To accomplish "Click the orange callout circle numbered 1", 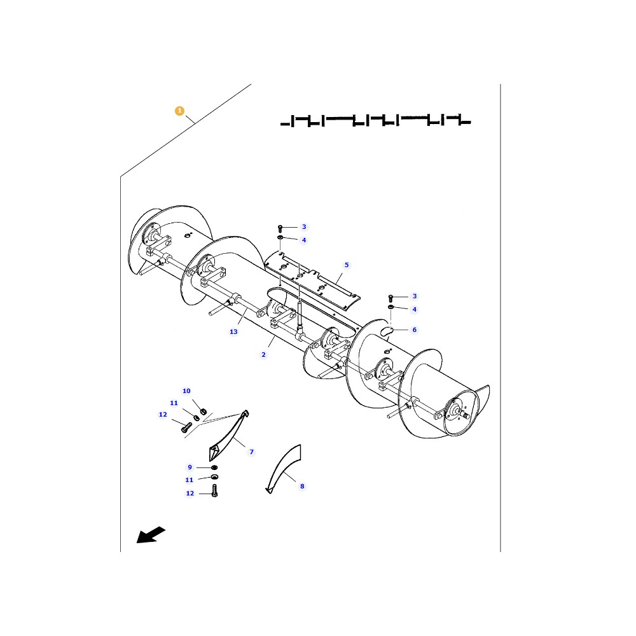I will [x=179, y=111].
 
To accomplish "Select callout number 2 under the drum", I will [x=263, y=354].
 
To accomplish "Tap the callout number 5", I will [x=347, y=265].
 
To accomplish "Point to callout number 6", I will [x=415, y=329].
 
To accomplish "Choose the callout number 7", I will [x=251, y=452].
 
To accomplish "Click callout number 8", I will [x=302, y=486].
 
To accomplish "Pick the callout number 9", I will [x=190, y=467].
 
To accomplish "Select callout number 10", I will [x=186, y=391].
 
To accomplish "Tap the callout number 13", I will [x=233, y=332].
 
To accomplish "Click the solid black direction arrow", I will [x=151, y=535].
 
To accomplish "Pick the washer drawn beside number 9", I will [x=214, y=467].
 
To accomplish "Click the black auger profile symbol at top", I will [x=375, y=120].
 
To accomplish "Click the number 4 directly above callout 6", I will [x=415, y=310].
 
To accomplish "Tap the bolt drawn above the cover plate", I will [x=280, y=227].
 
